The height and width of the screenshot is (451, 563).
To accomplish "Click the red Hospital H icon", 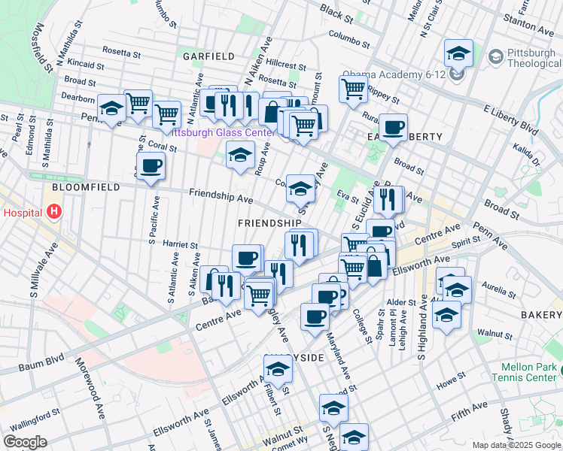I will point(53,213).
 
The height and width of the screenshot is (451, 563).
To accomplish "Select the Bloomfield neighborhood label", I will point(75,186).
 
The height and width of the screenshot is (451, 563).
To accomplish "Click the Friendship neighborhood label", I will point(269,223).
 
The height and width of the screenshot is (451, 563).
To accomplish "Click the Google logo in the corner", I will point(26,442).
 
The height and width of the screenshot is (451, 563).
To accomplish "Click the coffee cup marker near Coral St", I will point(151,166).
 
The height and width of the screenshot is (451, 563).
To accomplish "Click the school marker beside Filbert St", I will point(278,369).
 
